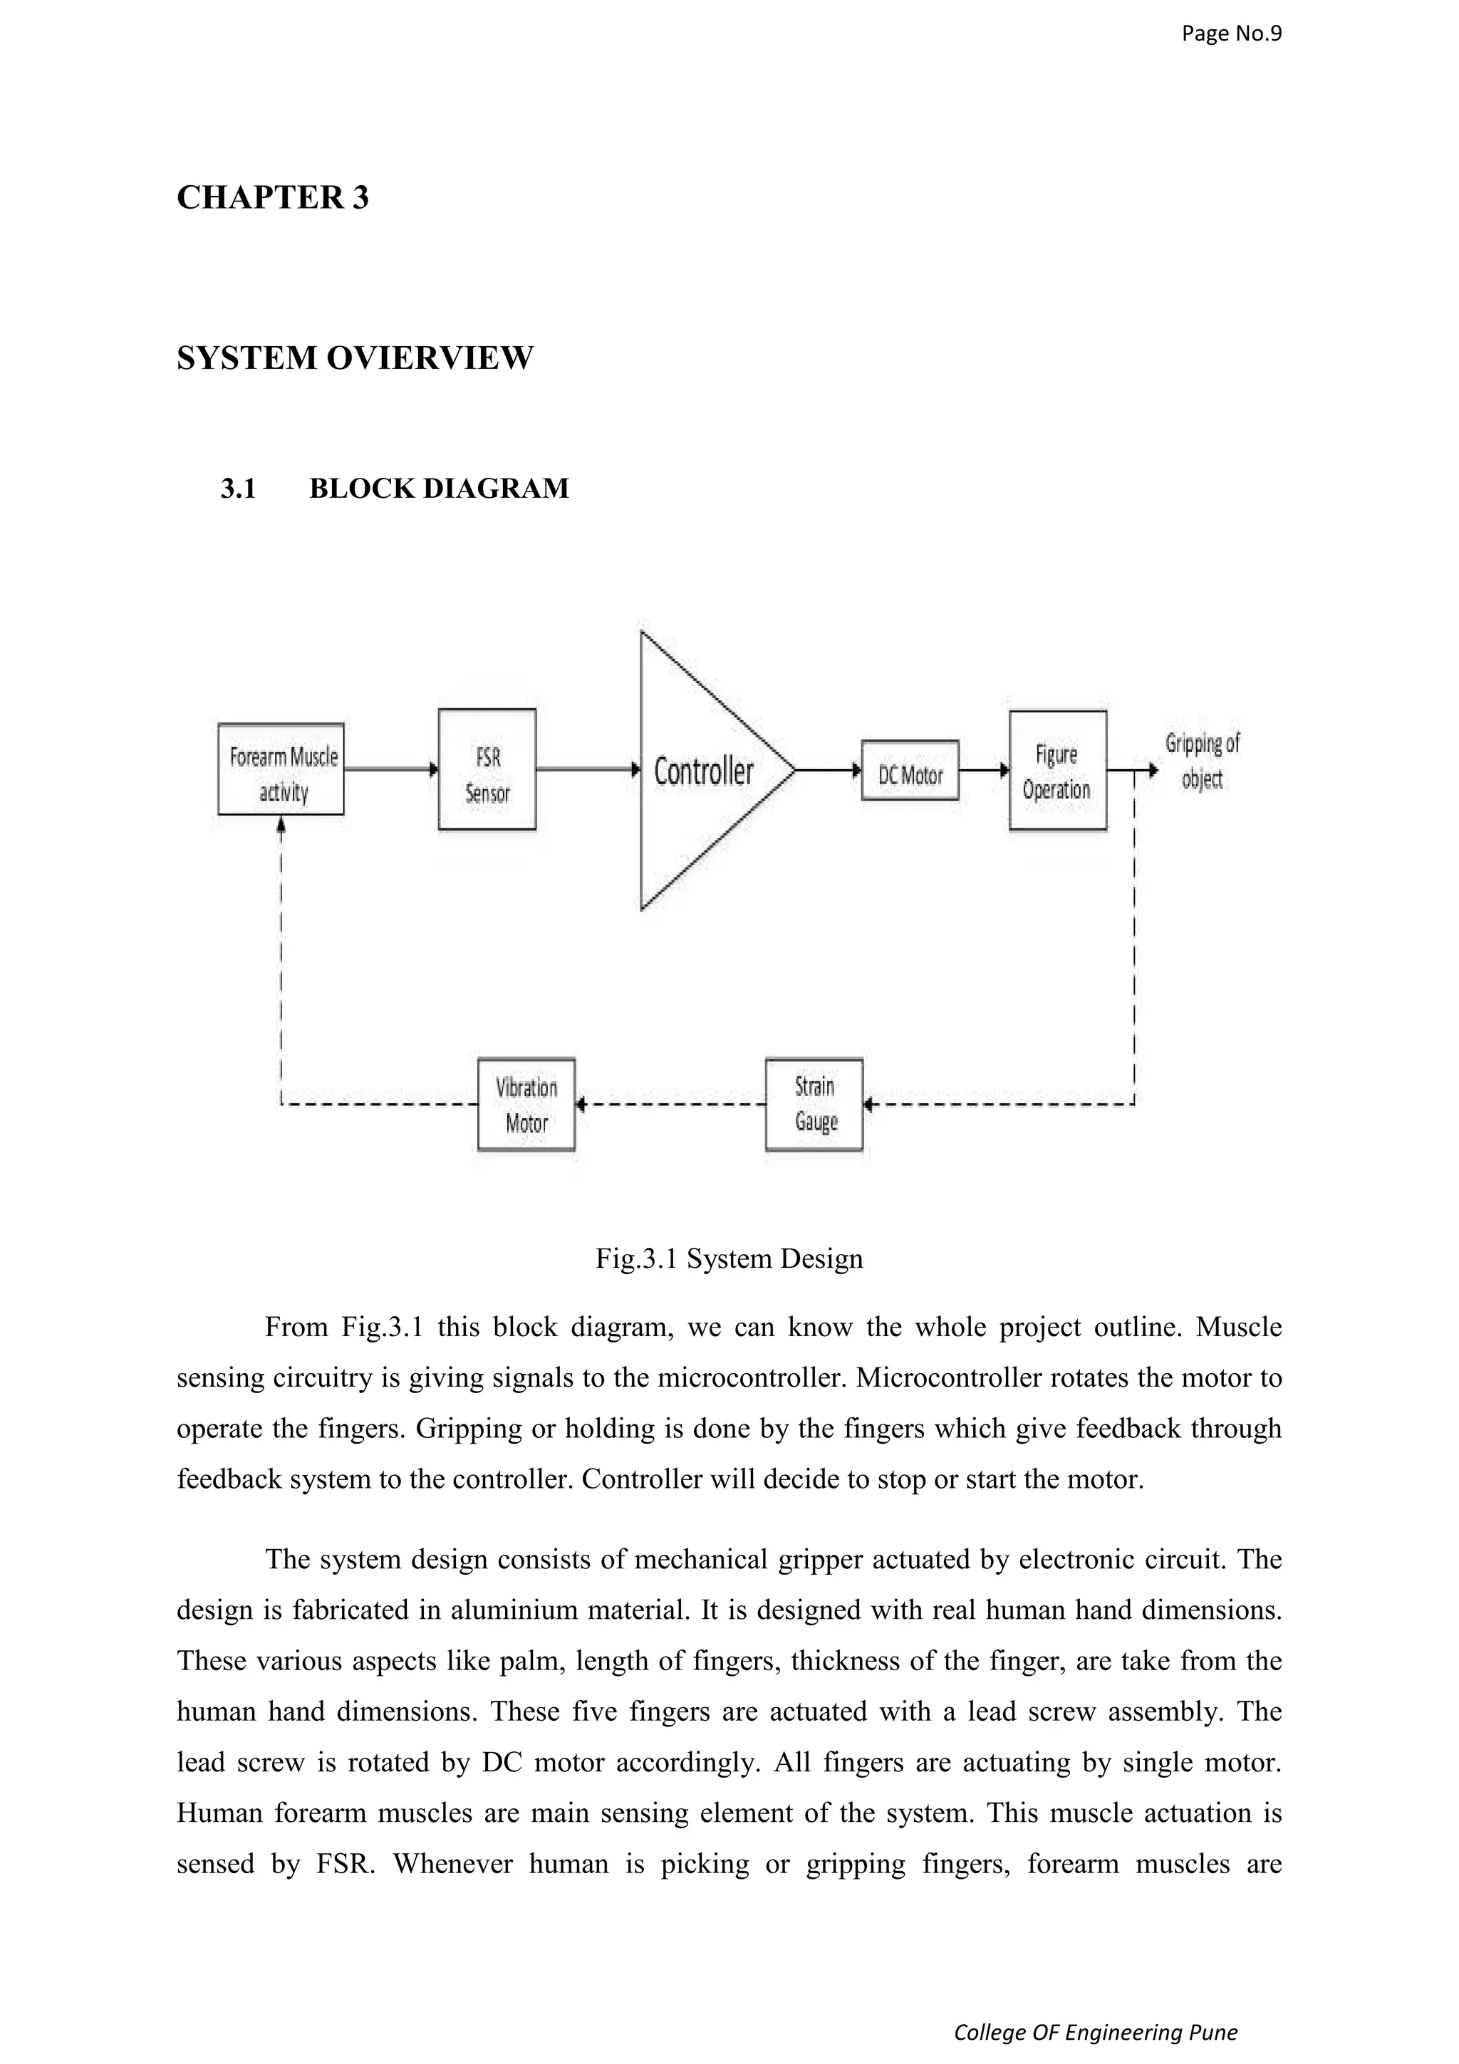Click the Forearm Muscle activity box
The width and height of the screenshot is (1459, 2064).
click(281, 768)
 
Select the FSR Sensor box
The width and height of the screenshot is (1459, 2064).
click(487, 768)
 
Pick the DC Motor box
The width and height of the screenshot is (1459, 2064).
click(910, 771)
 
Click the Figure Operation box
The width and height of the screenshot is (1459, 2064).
click(1057, 771)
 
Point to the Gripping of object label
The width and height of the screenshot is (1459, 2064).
click(1202, 761)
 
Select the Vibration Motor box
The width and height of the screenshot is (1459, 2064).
click(526, 1104)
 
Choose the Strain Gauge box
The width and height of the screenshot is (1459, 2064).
click(814, 1104)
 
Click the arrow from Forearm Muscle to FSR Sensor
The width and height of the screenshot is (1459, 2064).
click(391, 769)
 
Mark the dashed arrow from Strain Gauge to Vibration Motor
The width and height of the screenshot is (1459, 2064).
click(670, 1104)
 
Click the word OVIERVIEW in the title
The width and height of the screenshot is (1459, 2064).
click(430, 358)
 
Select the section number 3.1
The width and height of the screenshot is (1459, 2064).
click(238, 488)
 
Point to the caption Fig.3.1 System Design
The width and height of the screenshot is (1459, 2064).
click(729, 1258)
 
